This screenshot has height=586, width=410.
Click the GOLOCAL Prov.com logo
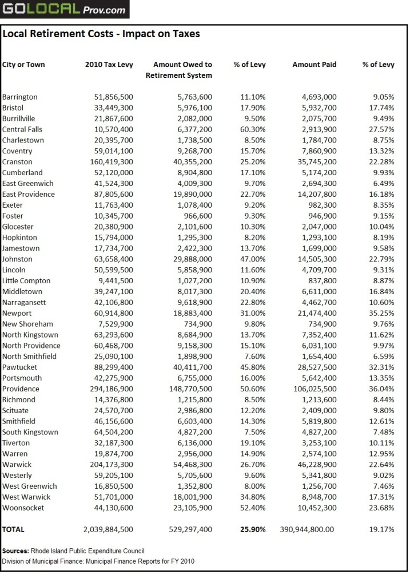pyautogui.click(x=64, y=9)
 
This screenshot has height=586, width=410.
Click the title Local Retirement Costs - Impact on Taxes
pyautogui.click(x=101, y=34)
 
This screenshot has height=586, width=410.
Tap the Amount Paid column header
pyautogui.click(x=315, y=65)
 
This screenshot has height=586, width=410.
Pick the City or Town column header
pyautogui.click(x=23, y=65)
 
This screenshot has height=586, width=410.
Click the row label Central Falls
pyautogui.click(x=22, y=129)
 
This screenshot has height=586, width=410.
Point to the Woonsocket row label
pyautogui.click(x=23, y=508)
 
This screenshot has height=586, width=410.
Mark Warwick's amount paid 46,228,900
pyautogui.click(x=314, y=464)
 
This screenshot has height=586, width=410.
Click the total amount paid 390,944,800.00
pyautogui.click(x=306, y=529)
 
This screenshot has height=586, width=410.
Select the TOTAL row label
pyautogui.click(x=14, y=529)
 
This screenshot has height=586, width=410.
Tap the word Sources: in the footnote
pyautogui.click(x=15, y=551)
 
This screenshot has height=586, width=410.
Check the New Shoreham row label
pyautogui.click(x=27, y=324)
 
